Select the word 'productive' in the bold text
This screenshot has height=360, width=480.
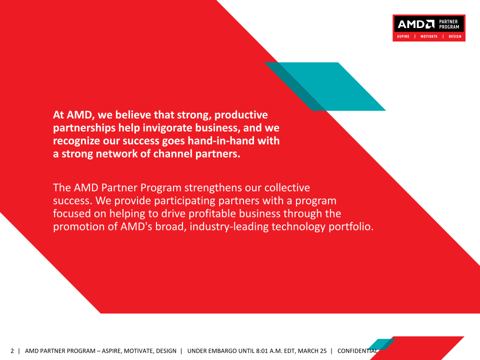(x=241, y=115)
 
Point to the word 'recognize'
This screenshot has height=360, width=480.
(x=76, y=141)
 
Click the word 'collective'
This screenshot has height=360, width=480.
(x=287, y=187)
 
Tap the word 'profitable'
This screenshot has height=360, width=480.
(x=212, y=213)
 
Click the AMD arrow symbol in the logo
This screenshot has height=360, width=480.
(x=430, y=24)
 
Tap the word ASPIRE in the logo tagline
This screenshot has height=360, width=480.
(x=403, y=36)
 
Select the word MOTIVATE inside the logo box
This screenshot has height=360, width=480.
(x=429, y=36)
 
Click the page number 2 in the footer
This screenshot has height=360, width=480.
(x=12, y=351)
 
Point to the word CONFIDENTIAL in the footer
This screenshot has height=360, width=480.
(x=357, y=351)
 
